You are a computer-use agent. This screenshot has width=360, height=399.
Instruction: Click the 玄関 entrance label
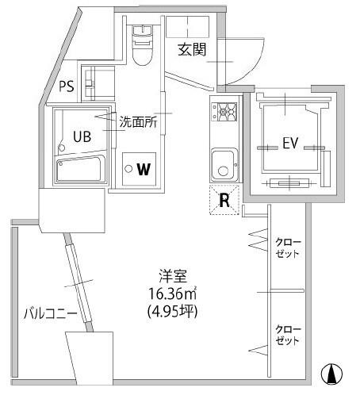[192, 49]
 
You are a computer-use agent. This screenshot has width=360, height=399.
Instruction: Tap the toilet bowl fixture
[143, 45]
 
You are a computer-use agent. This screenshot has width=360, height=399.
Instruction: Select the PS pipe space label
[67, 86]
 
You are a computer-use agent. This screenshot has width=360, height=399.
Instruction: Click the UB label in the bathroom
[82, 136]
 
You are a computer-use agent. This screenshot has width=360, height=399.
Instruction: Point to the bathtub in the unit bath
[80, 169]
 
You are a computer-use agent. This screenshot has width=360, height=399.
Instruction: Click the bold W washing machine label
[144, 169]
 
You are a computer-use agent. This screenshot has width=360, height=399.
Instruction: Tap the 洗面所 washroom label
[138, 122]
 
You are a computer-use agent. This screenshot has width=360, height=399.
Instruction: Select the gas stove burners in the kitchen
[224, 112]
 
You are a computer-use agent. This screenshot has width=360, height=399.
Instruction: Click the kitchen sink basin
[224, 165]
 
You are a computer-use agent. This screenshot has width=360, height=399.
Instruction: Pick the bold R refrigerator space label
[224, 201]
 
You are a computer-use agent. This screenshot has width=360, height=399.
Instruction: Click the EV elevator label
[290, 143]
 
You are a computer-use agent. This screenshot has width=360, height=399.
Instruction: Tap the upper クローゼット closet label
[288, 248]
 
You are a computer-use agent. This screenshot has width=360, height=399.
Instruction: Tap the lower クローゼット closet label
[288, 335]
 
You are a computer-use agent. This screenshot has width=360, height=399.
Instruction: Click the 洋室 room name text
[173, 276]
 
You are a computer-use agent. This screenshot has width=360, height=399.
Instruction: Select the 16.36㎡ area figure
[173, 293]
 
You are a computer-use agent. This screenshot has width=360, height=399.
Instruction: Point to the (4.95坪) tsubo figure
[173, 311]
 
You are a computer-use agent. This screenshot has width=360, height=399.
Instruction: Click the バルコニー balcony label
[51, 313]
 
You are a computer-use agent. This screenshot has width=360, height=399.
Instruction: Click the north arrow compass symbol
[331, 374]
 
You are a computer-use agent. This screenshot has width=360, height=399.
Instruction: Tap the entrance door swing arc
[255, 70]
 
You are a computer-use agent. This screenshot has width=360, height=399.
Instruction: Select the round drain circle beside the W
[128, 169]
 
